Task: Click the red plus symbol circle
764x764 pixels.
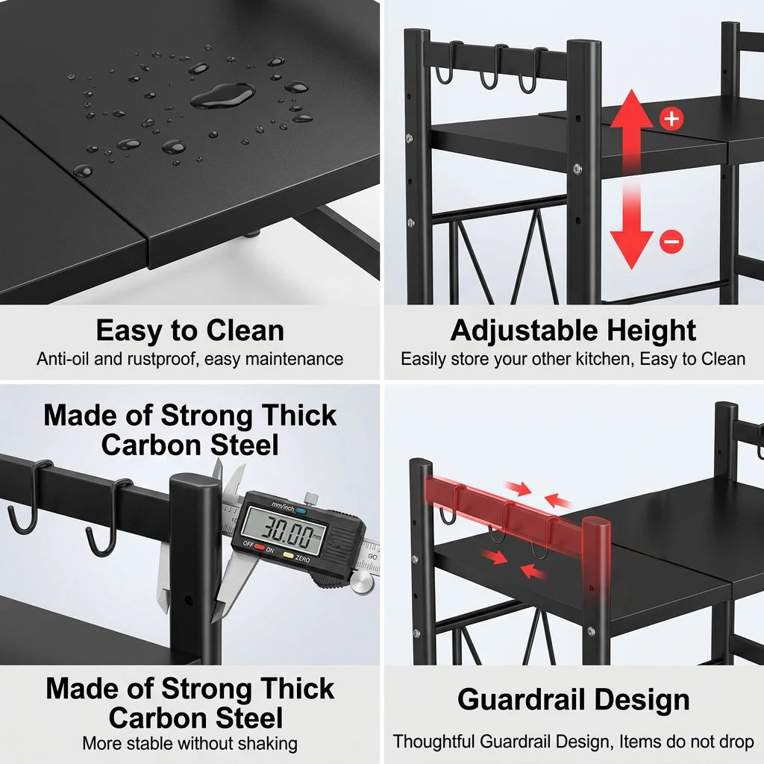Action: (x=671, y=119)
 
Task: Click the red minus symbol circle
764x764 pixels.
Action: (x=671, y=241)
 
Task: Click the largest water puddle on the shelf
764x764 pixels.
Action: (x=222, y=95)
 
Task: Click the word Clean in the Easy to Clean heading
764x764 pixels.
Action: (x=245, y=331)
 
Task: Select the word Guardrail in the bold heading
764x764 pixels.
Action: (x=521, y=700)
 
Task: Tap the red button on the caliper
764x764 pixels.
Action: (x=259, y=547)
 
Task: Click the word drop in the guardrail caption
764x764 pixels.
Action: (x=736, y=742)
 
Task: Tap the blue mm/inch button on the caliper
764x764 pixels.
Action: (x=301, y=511)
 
